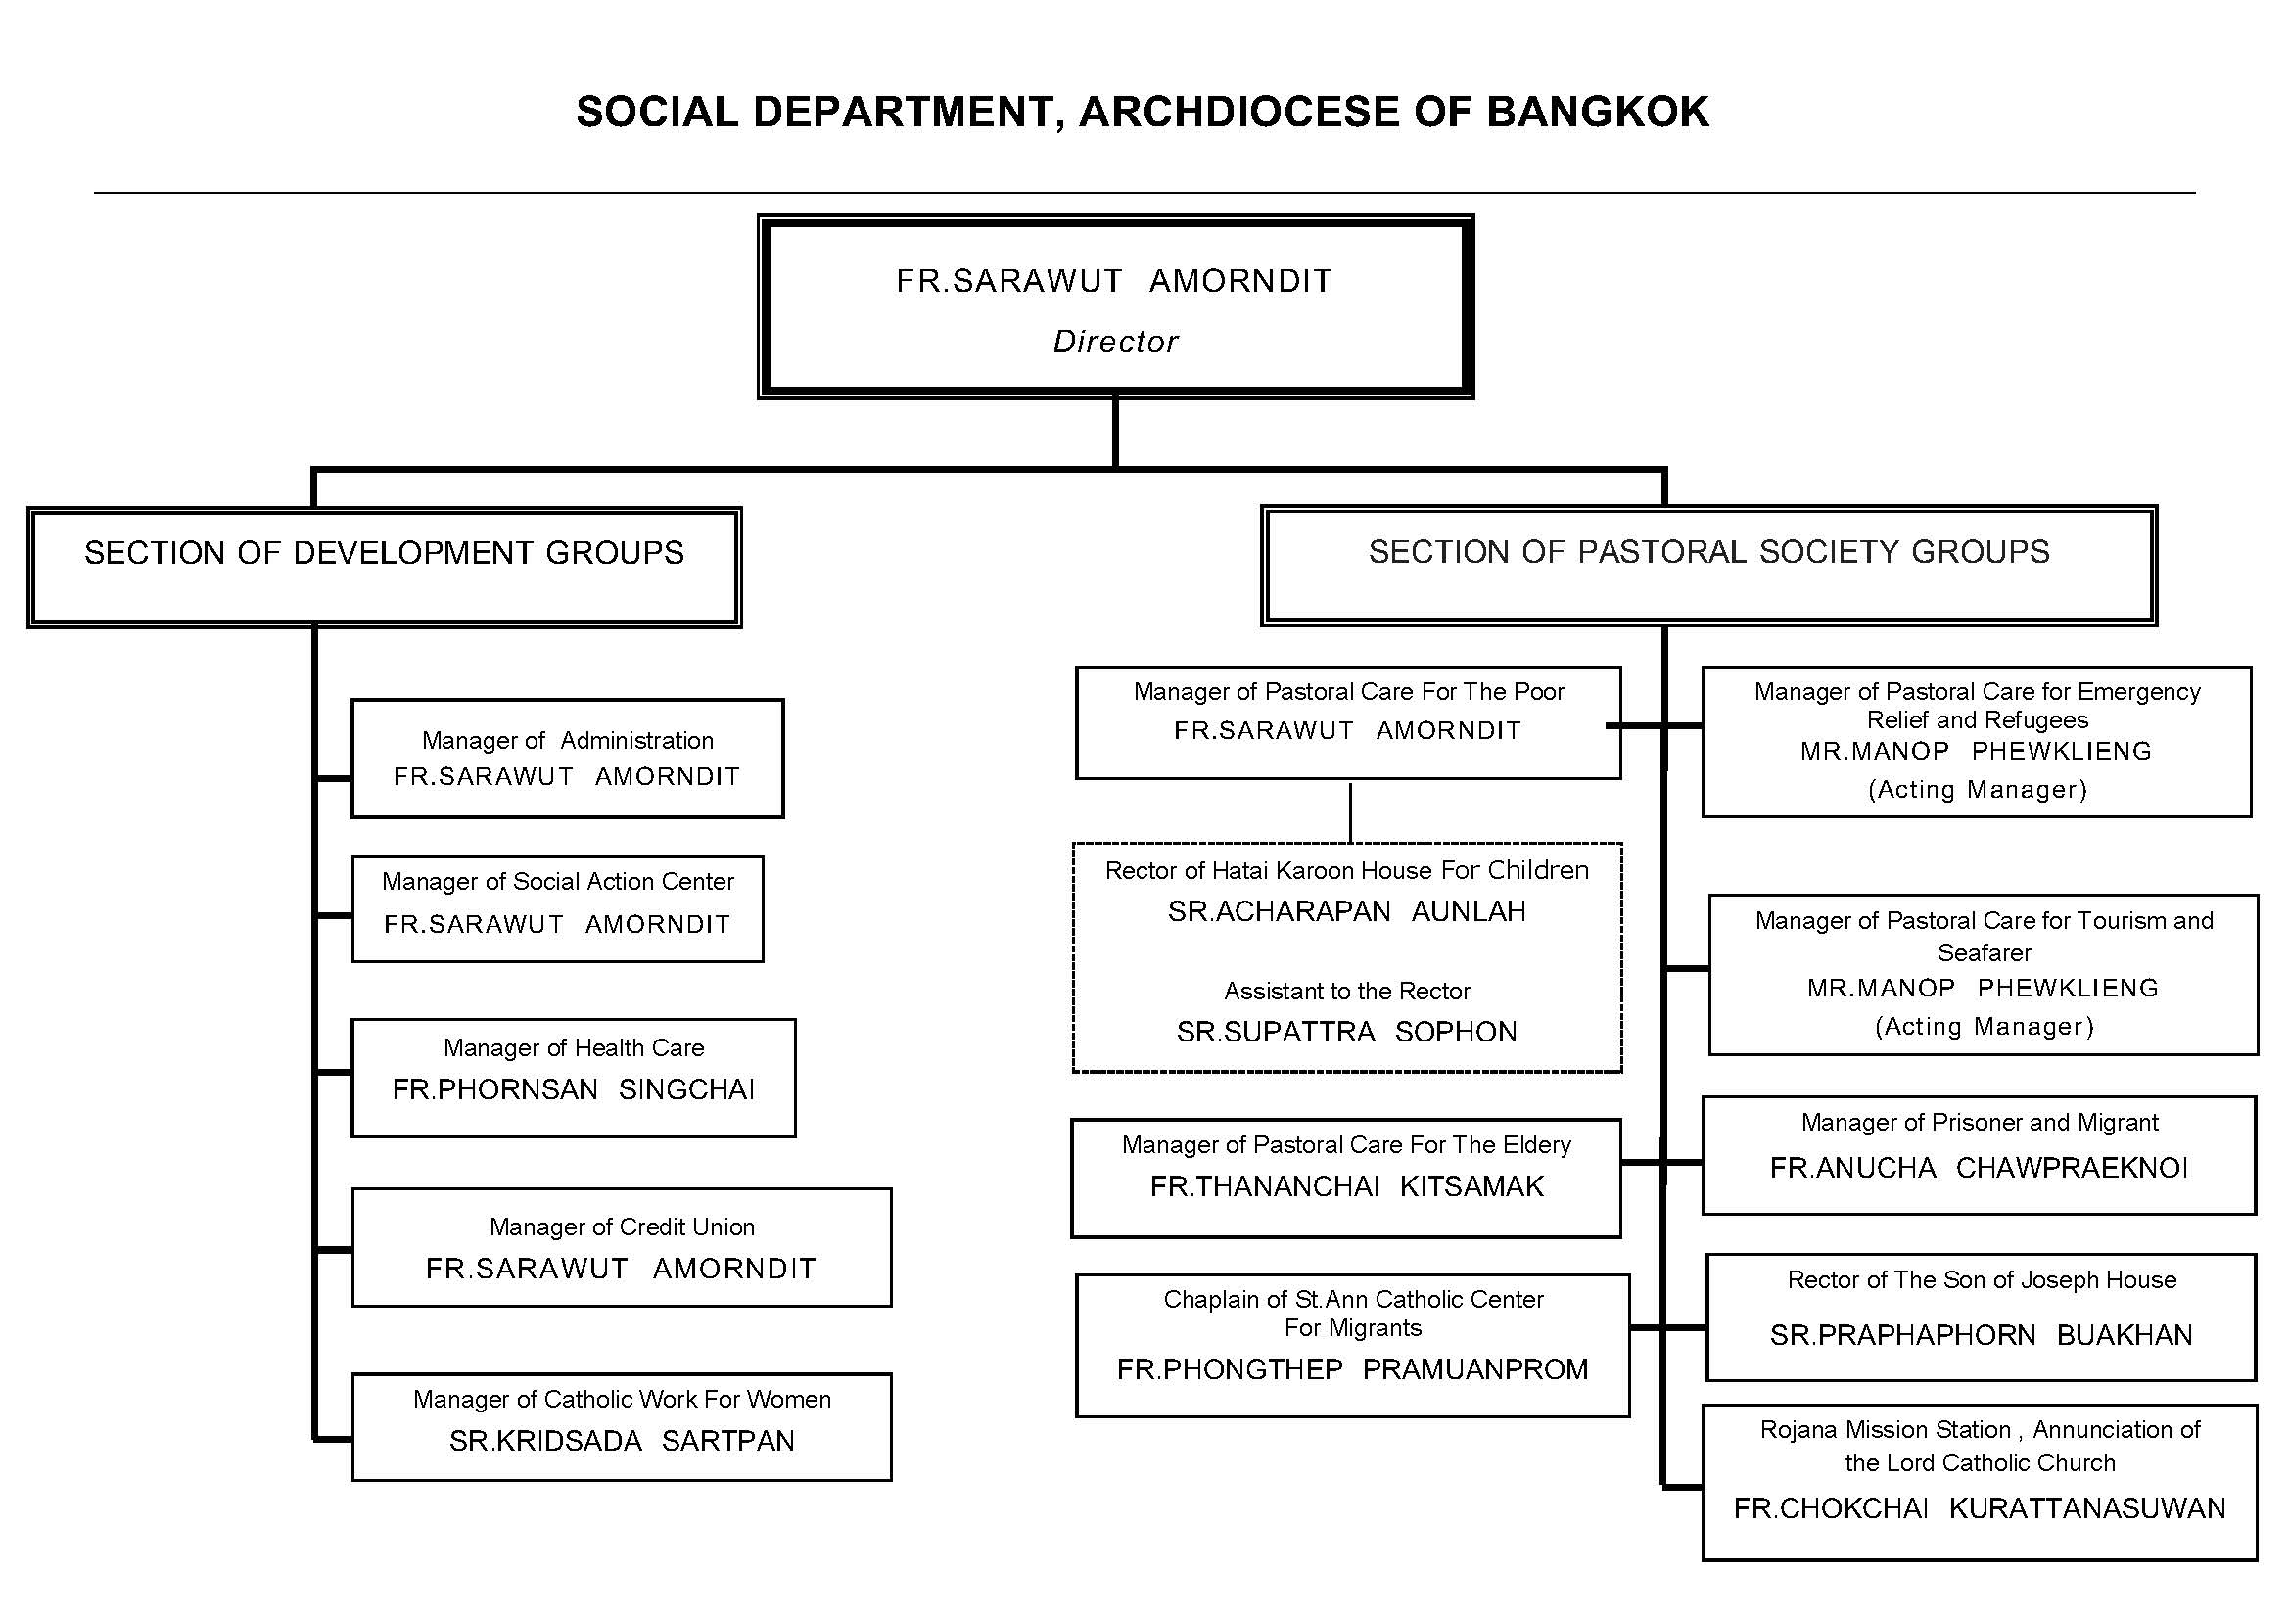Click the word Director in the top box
[1115, 342]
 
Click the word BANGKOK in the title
[1597, 112]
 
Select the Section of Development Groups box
[385, 568]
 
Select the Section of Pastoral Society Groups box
[1708, 566]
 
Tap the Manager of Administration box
[567, 759]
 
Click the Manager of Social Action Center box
[557, 908]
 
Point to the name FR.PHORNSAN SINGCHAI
[574, 1089]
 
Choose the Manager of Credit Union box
[621, 1247]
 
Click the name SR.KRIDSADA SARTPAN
[621, 1441]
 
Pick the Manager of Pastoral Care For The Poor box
[1348, 722]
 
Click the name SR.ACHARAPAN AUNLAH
[1347, 911]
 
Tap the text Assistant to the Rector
[1347, 991]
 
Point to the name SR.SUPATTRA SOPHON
[1347, 1032]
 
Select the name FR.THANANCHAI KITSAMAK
[1347, 1186]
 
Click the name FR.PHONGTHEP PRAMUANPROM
[1352, 1369]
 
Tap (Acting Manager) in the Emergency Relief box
[1977, 790]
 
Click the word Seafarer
[1984, 953]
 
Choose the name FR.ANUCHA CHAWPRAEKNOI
[1978, 1168]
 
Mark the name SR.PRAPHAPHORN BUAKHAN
[1981, 1335]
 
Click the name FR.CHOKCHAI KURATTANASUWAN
[1979, 1508]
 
